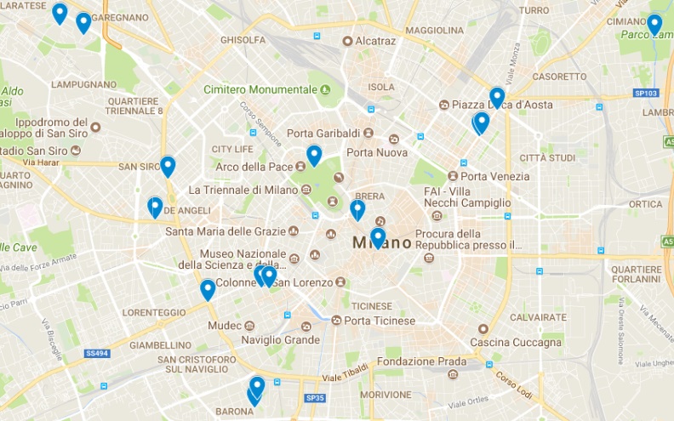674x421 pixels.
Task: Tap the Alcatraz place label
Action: (375, 41)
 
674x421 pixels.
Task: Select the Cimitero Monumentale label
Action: (260, 89)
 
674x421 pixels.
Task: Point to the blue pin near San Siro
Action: (168, 166)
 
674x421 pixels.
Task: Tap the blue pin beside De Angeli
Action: (155, 207)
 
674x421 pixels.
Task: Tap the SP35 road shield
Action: (315, 398)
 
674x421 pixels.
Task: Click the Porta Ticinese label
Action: (380, 321)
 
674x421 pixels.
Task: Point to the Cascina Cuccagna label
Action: (517, 342)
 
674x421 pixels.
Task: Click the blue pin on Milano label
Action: (378, 237)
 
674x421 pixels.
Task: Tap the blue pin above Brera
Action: (357, 209)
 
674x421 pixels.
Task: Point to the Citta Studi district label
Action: (548, 157)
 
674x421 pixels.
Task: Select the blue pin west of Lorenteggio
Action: (208, 289)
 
